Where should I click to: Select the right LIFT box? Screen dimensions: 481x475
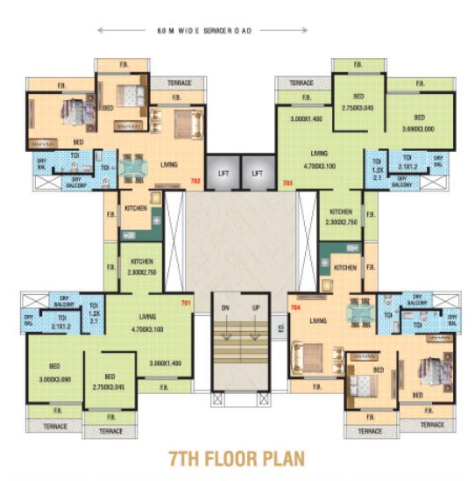pyautogui.click(x=257, y=174)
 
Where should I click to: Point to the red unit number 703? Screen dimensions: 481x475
pyautogui.click(x=287, y=183)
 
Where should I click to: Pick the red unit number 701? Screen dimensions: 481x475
pyautogui.click(x=185, y=305)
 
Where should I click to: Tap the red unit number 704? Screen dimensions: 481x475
pyautogui.click(x=295, y=307)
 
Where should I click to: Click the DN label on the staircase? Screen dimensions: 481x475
pyautogui.click(x=224, y=308)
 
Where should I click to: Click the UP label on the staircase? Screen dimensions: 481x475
pyautogui.click(x=256, y=308)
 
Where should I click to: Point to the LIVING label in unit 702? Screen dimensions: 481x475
pyautogui.click(x=170, y=163)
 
